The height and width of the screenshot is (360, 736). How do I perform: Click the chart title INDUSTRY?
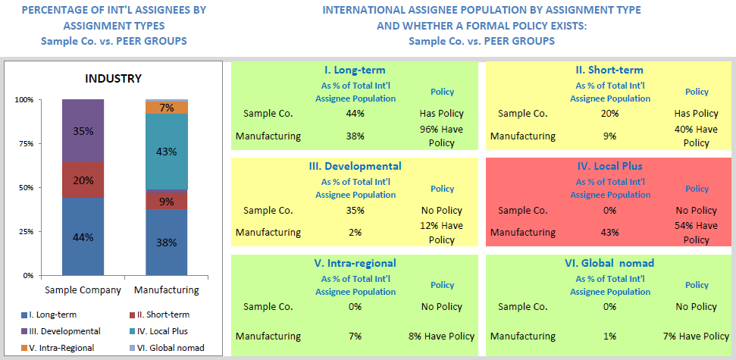coord(113,79)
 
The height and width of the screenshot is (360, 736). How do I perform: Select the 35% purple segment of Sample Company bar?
coord(83,130)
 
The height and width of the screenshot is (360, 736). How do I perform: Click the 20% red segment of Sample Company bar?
coord(83,180)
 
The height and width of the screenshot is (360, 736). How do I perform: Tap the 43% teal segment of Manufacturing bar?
coord(167,152)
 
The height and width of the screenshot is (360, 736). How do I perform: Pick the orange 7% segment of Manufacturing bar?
coord(167,108)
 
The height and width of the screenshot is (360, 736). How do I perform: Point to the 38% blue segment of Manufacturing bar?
coord(167,243)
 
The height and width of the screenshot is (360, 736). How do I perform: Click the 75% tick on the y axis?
coord(25,143)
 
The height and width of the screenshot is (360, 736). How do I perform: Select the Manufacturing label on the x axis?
coord(166,290)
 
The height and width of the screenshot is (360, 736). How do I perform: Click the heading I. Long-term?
coord(355,70)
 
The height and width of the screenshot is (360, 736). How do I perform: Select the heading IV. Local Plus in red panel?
coord(609,166)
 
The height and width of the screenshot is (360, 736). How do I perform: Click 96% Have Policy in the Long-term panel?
coord(441,136)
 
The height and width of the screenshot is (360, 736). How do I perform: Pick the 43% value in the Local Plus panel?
coord(609,232)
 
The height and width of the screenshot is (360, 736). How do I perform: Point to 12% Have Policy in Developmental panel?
coord(441,232)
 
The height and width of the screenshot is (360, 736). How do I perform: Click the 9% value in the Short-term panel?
coord(609,136)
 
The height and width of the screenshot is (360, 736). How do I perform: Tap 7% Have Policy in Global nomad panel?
coord(696,336)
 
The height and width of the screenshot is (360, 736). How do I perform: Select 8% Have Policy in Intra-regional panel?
coord(441,336)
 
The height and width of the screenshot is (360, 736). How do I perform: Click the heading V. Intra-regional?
coord(355,263)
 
